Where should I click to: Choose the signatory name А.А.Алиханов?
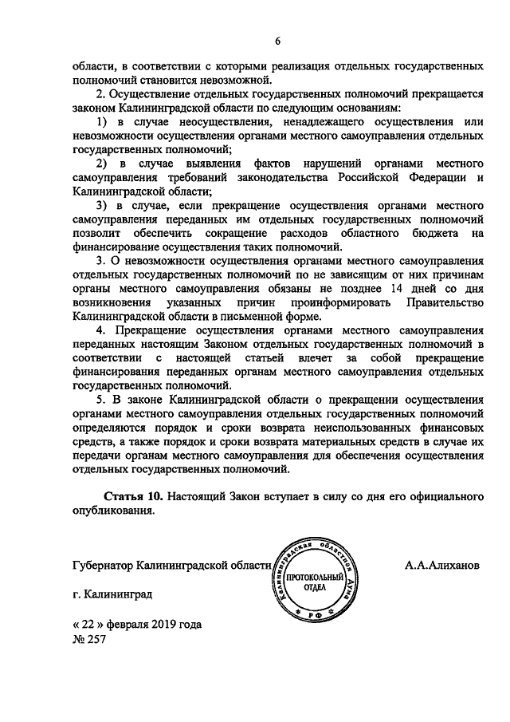(x=442, y=566)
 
